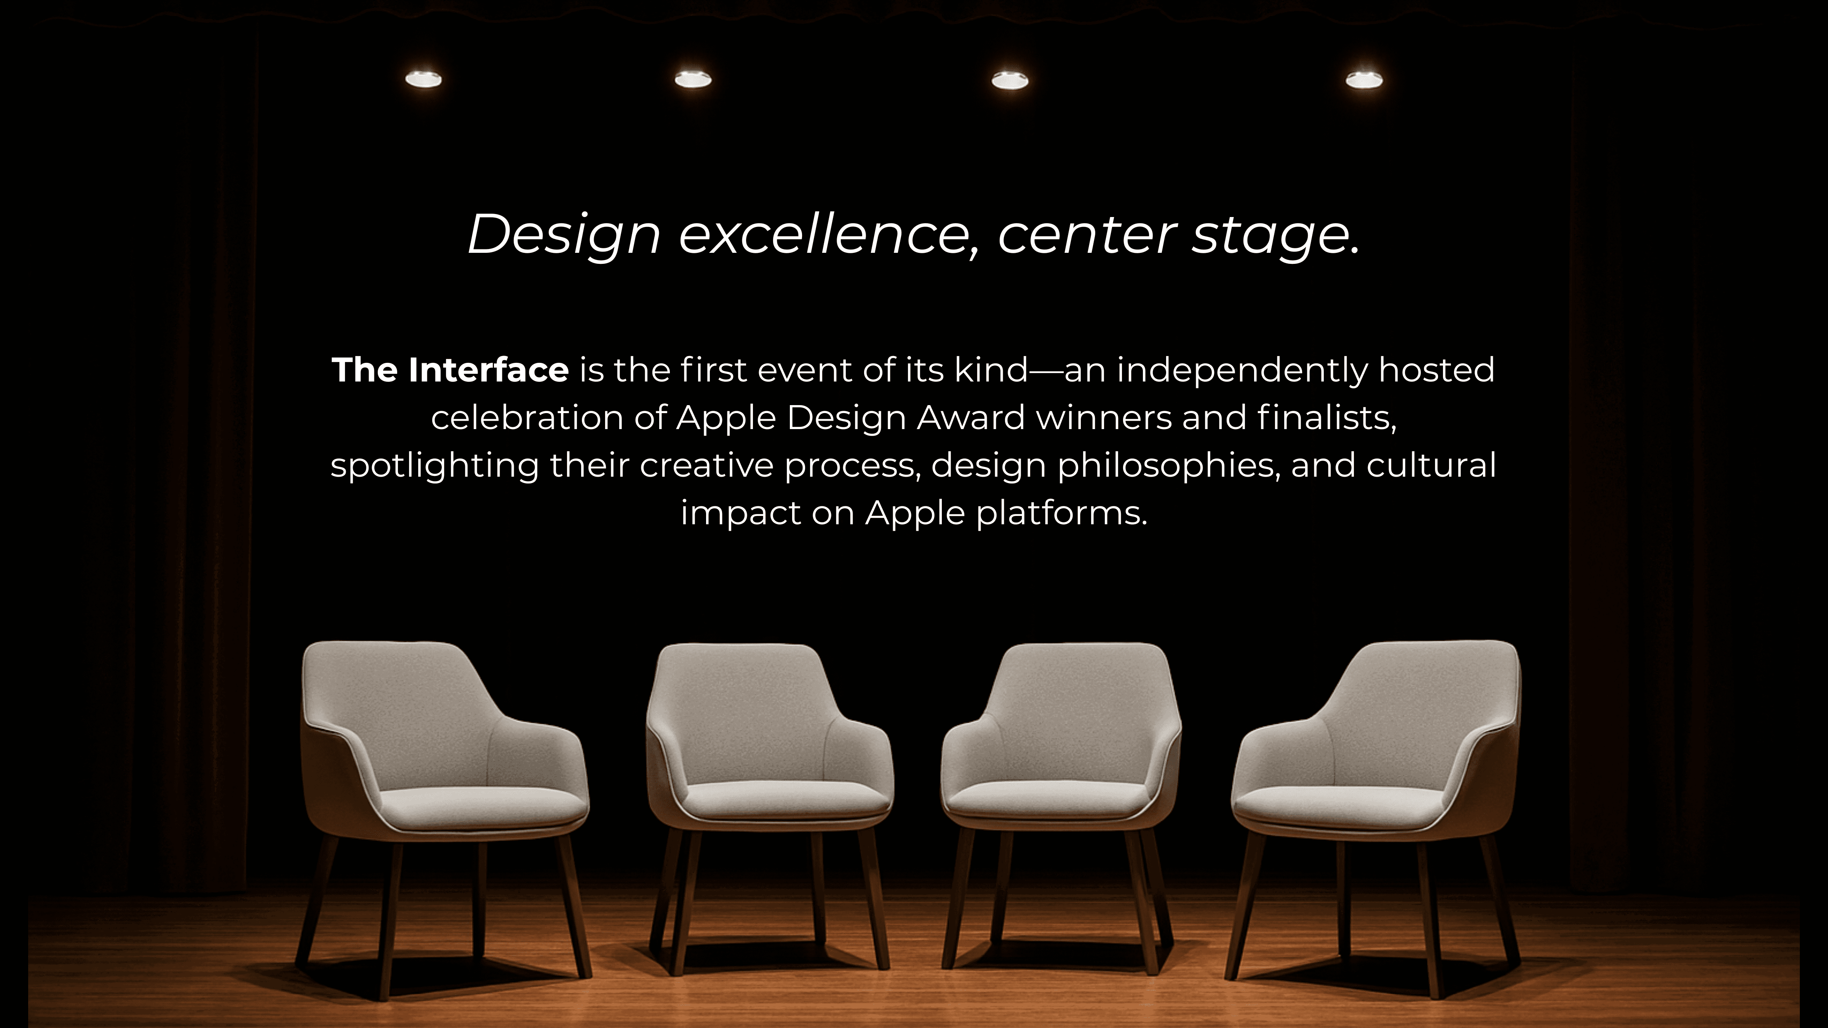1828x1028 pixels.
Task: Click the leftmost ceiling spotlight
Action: coord(423,79)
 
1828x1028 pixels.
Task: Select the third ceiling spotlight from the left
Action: coord(1010,80)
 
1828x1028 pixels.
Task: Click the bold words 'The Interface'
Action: coord(450,370)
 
